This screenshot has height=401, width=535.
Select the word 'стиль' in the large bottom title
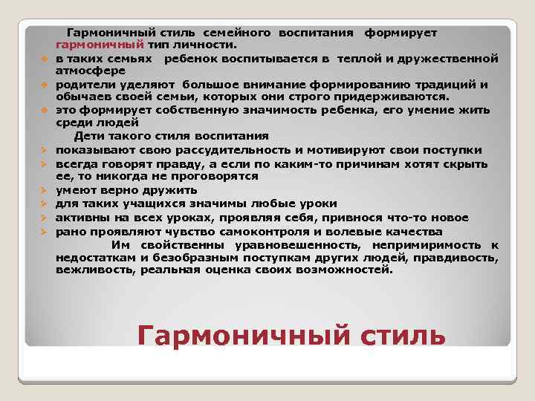point(398,335)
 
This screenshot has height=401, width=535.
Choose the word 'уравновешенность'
point(281,244)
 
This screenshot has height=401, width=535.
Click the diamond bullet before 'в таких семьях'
point(45,59)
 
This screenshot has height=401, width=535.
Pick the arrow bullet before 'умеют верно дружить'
point(44,191)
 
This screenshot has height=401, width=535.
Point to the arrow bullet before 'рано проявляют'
point(44,231)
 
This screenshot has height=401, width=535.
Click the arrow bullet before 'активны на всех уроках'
point(44,218)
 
